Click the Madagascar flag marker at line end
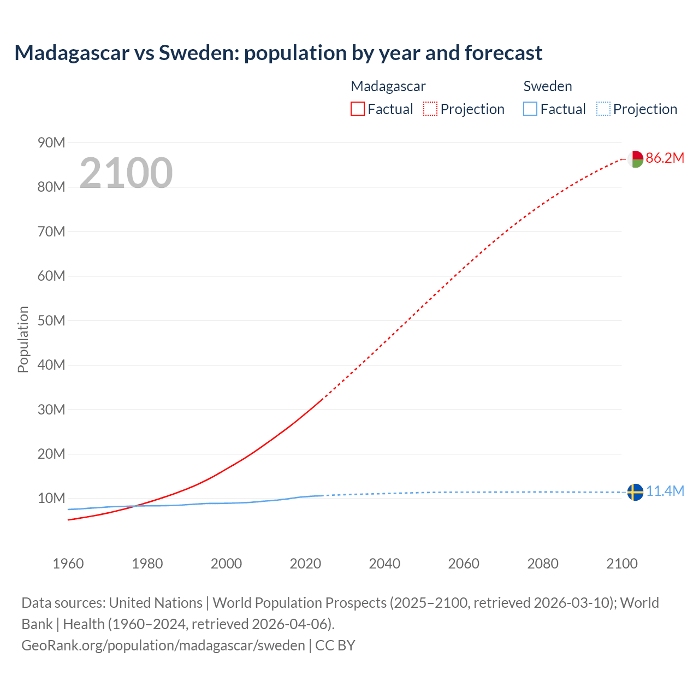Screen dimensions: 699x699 635,159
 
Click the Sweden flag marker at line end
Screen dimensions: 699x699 635,492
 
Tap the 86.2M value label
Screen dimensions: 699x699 665,158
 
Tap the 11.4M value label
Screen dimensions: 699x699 665,491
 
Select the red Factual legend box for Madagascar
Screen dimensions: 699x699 357,109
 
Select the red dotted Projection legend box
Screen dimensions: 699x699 430,109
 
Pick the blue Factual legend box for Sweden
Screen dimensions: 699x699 530,109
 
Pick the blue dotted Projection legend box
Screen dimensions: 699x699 603,109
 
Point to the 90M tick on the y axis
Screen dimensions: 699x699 51,143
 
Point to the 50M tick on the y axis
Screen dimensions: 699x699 51,321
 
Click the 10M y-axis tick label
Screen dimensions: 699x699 51,498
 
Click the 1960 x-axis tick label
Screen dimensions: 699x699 68,564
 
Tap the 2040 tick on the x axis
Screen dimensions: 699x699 384,564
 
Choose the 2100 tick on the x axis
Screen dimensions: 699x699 621,564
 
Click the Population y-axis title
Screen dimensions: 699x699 23,339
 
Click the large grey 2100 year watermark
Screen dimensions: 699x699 126,173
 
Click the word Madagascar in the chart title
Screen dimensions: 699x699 72,53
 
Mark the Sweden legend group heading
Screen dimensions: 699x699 548,86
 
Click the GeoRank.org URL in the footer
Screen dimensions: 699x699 163,645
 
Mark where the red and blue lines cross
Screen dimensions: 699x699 134,506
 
